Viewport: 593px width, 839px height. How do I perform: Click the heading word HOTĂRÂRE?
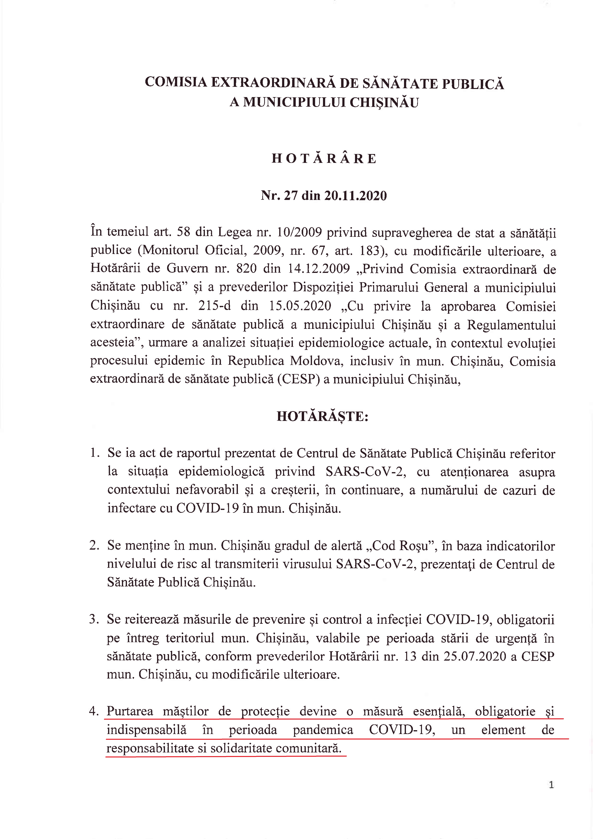324,158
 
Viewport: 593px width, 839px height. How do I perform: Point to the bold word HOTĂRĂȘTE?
322,416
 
